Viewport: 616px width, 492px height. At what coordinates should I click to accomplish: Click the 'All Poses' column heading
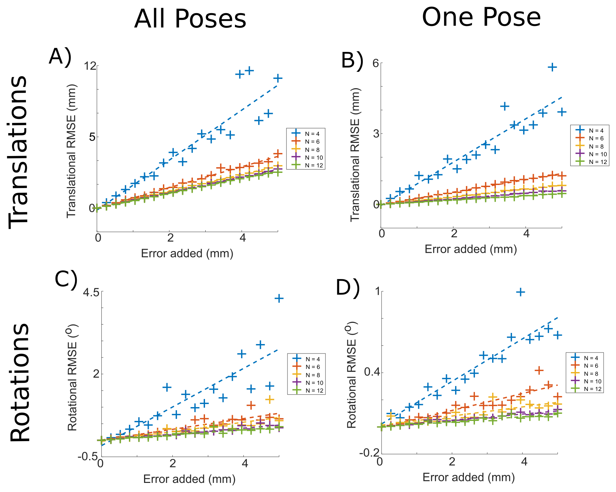point(190,19)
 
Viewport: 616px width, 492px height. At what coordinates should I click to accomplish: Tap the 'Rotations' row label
point(20,382)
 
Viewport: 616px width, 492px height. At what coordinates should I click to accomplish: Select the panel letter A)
point(60,56)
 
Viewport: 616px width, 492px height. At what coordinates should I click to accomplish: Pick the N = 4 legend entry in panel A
point(306,134)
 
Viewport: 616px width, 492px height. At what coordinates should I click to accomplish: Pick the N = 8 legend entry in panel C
point(306,375)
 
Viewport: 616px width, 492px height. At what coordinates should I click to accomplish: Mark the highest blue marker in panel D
point(520,292)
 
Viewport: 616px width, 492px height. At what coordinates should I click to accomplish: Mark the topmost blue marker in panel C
point(279,298)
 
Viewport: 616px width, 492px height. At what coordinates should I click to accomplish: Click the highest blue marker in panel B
point(552,67)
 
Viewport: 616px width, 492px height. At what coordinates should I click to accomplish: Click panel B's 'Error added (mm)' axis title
point(471,249)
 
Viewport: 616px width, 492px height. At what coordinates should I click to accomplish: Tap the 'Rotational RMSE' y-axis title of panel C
point(72,377)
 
